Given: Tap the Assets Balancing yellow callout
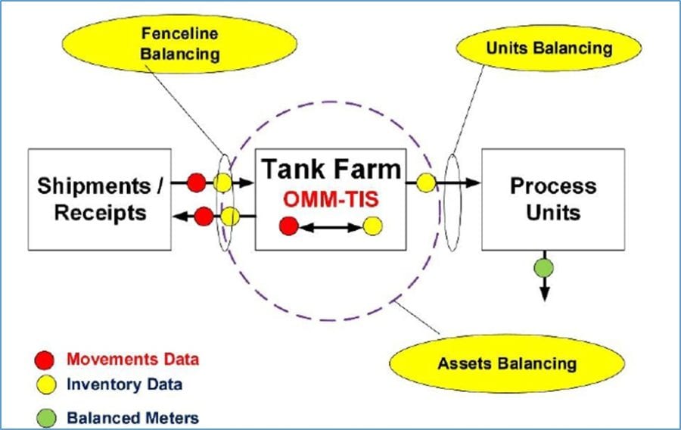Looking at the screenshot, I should tap(506, 363).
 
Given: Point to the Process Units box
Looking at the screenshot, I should tap(552, 198).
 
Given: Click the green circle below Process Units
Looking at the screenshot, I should tap(544, 267).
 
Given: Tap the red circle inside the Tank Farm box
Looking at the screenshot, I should tap(288, 226).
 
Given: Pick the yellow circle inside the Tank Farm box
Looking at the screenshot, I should tap(372, 226).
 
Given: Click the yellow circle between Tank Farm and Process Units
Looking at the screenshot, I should tap(426, 182).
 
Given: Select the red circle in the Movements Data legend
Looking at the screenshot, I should tap(45, 359).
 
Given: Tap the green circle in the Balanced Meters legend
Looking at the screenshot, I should tap(45, 417).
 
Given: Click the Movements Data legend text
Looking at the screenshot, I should tap(132, 359).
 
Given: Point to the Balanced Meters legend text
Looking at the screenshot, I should tap(132, 417).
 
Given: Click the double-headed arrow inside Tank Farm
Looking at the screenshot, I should tap(330, 226).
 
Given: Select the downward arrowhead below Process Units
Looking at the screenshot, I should tap(544, 294).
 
